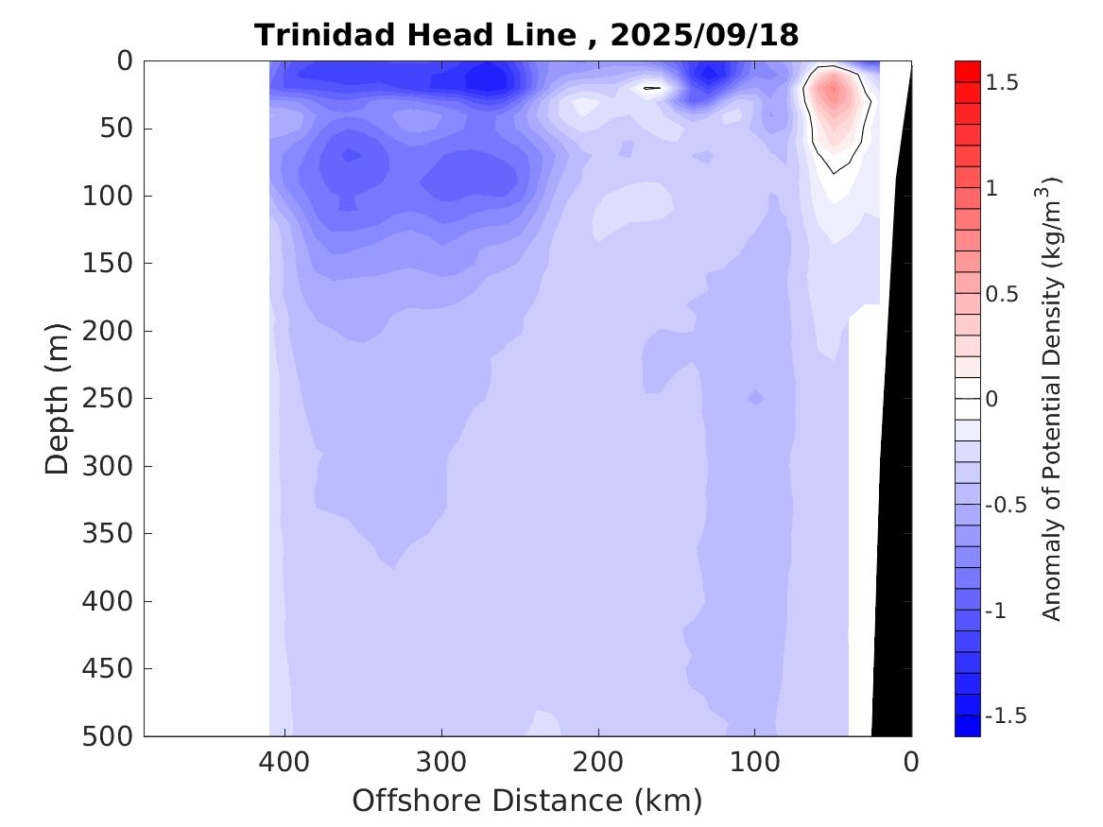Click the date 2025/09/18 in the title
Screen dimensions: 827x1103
(x=704, y=35)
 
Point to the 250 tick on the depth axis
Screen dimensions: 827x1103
(x=112, y=399)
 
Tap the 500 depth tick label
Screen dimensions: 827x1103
(x=112, y=736)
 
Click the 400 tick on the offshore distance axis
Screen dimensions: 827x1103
(x=284, y=762)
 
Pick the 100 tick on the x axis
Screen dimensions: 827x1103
(x=754, y=762)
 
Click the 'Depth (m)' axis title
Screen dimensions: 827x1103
(x=58, y=397)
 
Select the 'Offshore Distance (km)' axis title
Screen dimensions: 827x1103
(x=527, y=801)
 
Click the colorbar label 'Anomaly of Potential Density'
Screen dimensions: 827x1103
(x=1052, y=397)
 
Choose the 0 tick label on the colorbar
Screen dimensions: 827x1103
(x=991, y=399)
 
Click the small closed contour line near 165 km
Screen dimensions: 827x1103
(x=652, y=88)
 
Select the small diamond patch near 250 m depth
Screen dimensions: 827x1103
(x=755, y=398)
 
